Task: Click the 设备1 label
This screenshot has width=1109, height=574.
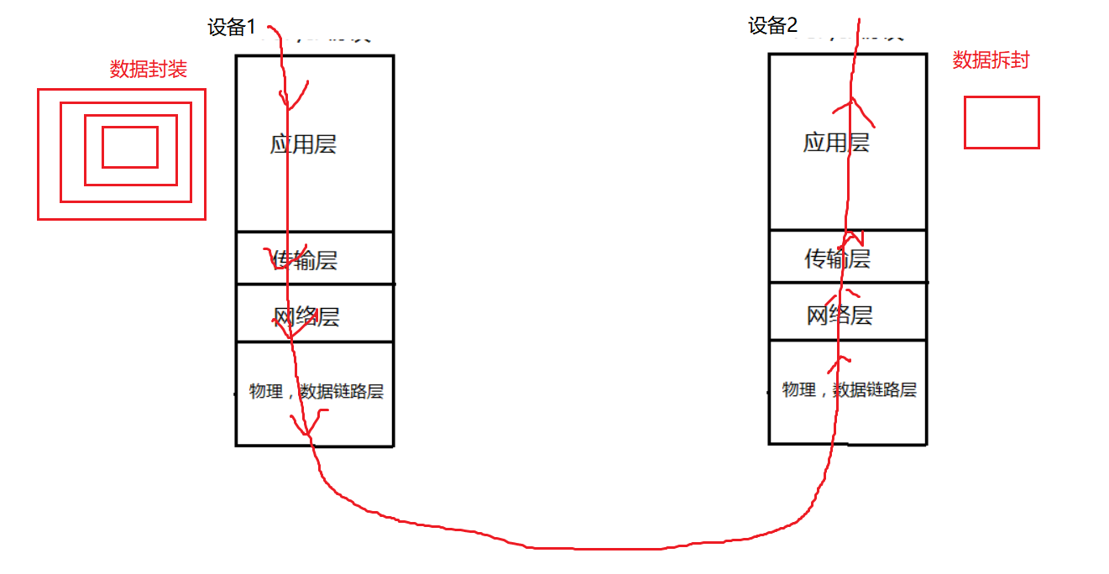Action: pyautogui.click(x=232, y=28)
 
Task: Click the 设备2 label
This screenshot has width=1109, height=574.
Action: pyautogui.click(x=772, y=26)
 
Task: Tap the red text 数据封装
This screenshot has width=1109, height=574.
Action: pyautogui.click(x=149, y=70)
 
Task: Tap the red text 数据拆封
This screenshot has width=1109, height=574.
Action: pyautogui.click(x=991, y=60)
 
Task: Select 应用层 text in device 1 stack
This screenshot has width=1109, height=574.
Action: pyautogui.click(x=303, y=144)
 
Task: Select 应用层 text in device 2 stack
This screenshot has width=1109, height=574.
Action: pyautogui.click(x=836, y=143)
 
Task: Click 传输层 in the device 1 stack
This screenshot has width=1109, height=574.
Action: pyautogui.click(x=304, y=260)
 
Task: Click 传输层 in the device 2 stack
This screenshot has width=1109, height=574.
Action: pyautogui.click(x=837, y=258)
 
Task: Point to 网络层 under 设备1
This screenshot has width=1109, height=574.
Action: pyautogui.click(x=306, y=317)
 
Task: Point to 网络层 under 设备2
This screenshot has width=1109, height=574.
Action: pyautogui.click(x=840, y=316)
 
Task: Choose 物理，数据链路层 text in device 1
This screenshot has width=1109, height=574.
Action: pyautogui.click(x=316, y=392)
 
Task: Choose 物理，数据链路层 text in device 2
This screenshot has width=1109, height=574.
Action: pyautogui.click(x=849, y=390)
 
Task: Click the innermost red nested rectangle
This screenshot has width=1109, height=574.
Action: pyautogui.click(x=130, y=147)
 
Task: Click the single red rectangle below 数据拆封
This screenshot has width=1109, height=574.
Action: pyautogui.click(x=1002, y=123)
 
